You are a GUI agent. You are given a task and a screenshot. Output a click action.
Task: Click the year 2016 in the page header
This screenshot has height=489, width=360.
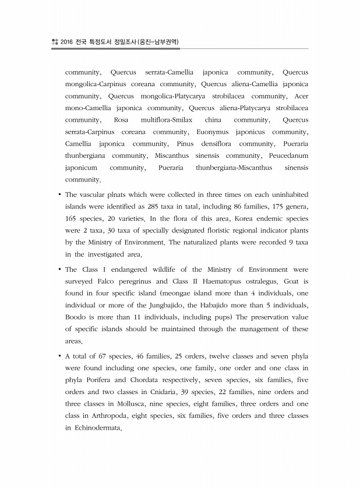pyautogui.click(x=67, y=42)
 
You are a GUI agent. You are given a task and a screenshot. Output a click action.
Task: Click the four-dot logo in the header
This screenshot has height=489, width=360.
pyautogui.click(x=55, y=42)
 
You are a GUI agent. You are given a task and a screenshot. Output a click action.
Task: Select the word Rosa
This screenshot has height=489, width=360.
pyautogui.click(x=121, y=120)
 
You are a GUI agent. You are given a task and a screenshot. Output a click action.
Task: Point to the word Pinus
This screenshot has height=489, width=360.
pyautogui.click(x=187, y=144)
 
